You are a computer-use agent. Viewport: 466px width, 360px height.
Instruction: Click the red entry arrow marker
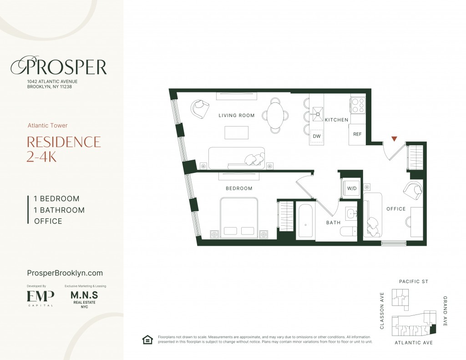point(394,139)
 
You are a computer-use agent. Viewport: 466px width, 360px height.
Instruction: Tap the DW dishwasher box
point(317,136)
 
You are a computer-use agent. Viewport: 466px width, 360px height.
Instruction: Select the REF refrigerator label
point(357,134)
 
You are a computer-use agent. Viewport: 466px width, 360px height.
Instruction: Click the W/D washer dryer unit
point(352,188)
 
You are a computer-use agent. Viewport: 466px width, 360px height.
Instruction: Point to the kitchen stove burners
point(358,105)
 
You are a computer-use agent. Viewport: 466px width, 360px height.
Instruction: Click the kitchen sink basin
point(317,114)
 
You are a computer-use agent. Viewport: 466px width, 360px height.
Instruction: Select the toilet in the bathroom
point(348,231)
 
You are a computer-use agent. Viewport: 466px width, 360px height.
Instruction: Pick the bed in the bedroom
point(239,218)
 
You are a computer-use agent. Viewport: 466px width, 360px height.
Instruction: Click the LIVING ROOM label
point(237,115)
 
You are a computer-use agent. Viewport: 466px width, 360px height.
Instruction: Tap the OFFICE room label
point(396,209)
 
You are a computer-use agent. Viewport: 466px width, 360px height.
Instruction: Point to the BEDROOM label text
point(239,188)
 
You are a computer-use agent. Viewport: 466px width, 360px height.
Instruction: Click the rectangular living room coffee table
point(237,132)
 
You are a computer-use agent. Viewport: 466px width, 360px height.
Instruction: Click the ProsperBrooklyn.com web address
point(65,273)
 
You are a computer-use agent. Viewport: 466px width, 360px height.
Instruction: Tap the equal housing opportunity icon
point(148,340)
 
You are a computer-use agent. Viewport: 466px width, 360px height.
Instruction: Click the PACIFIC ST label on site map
point(413,282)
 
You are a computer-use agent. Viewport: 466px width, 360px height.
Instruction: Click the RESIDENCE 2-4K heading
point(64,149)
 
